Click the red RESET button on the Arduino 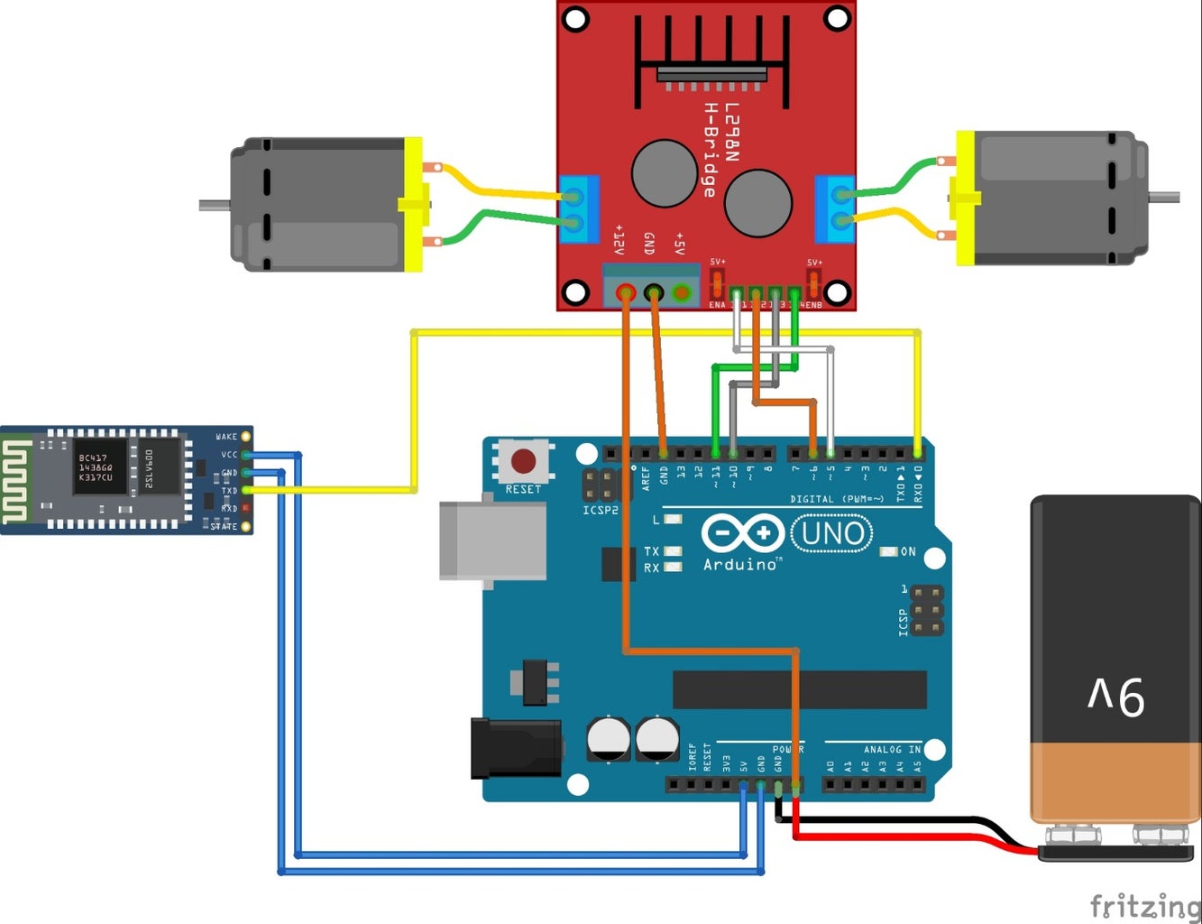coord(523,461)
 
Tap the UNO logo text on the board coord(831,533)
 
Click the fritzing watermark coord(1144,905)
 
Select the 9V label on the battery coord(1115,697)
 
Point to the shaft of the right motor coord(1164,197)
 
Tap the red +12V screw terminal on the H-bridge coord(625,292)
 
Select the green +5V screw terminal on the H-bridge coord(682,292)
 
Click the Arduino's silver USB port coord(492,541)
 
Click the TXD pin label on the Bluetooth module coord(229,491)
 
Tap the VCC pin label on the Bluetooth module coord(229,455)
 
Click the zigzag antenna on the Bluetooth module coord(15,479)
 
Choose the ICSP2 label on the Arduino coord(601,511)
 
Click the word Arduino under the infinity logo coord(739,565)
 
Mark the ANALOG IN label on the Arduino coord(892,750)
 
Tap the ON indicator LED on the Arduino coord(889,551)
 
